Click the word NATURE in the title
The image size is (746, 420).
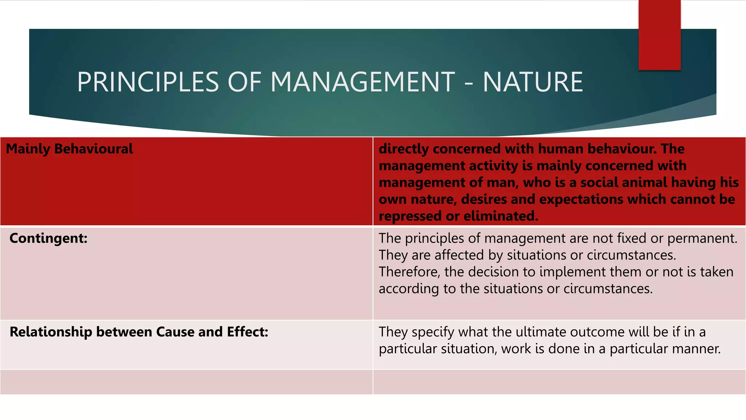click(x=533, y=82)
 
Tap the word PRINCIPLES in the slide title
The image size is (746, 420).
click(x=148, y=82)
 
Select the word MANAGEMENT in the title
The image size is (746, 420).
click(x=362, y=82)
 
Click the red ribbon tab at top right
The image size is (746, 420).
click(x=659, y=35)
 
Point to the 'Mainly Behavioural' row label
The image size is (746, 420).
click(x=70, y=149)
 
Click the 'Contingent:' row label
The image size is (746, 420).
click(x=48, y=238)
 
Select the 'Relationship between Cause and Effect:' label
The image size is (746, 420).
click(x=139, y=332)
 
